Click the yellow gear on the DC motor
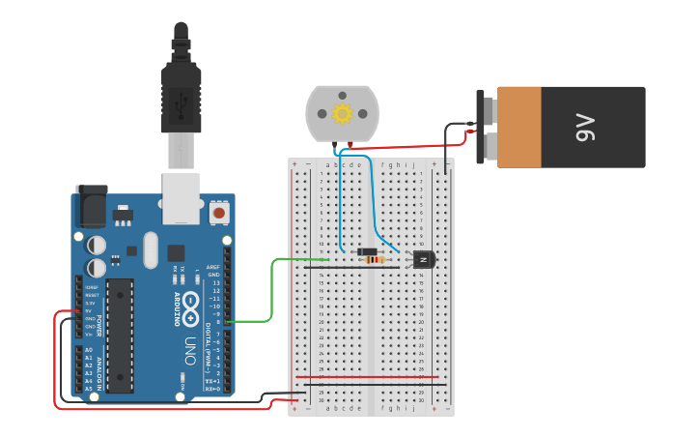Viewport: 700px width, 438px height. (343, 114)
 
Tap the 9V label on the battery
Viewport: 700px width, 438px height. (584, 127)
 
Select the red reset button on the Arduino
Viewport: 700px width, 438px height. (219, 212)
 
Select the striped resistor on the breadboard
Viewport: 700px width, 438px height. (373, 260)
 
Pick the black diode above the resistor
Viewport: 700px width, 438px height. (367, 251)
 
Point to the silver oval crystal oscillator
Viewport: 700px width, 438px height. (150, 249)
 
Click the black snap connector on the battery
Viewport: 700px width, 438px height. (482, 127)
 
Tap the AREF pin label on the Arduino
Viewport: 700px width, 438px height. (213, 265)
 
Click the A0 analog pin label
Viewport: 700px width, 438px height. (89, 350)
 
